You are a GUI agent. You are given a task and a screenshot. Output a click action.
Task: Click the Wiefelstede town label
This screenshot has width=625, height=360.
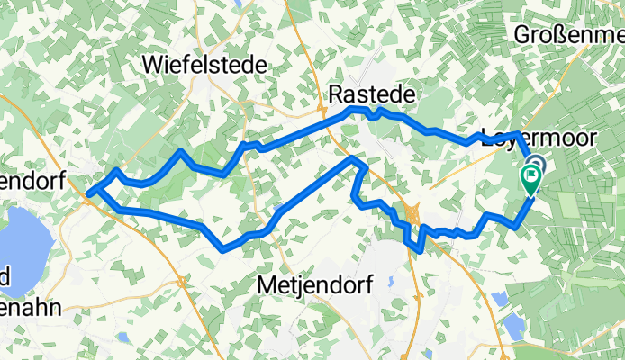[x=205, y=65]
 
